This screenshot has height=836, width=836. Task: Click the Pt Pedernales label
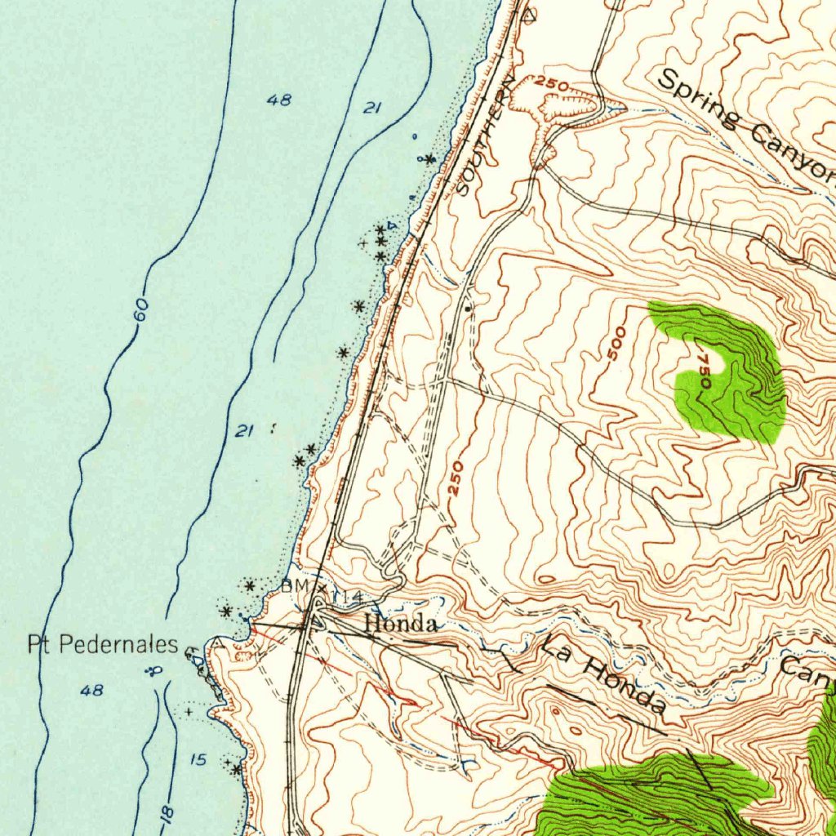click(103, 645)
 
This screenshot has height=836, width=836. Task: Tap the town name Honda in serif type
click(400, 625)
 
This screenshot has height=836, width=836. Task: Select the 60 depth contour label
click(141, 310)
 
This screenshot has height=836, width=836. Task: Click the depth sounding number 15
click(198, 760)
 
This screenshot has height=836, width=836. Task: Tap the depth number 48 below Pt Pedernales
click(92, 691)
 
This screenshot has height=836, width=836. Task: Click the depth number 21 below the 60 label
click(242, 431)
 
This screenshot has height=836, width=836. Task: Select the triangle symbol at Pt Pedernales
click(191, 653)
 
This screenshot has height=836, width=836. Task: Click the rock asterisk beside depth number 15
click(236, 769)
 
